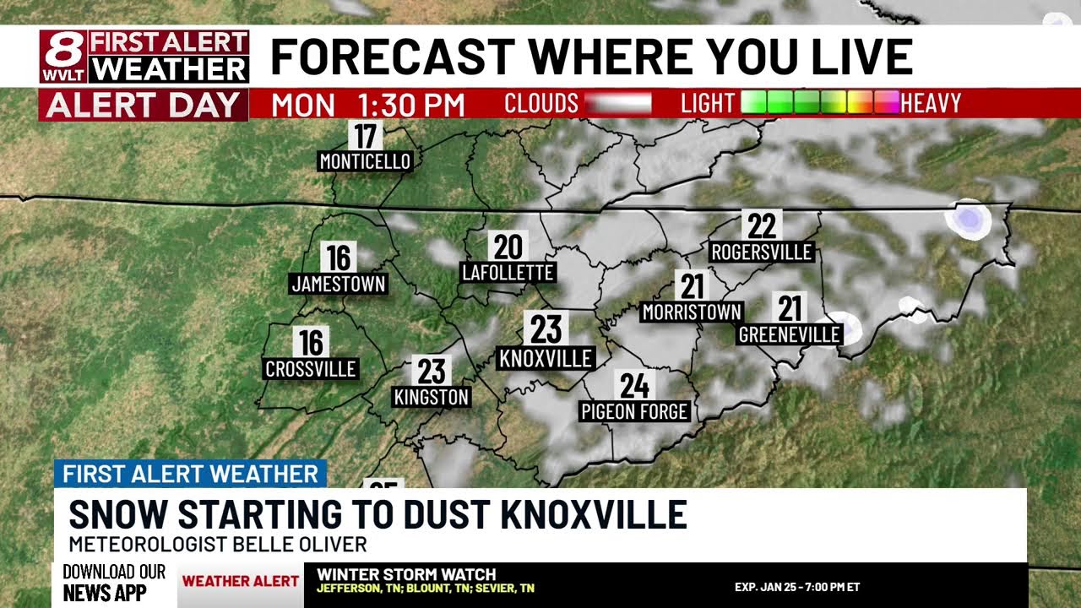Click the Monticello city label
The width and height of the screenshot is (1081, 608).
pos(365,161)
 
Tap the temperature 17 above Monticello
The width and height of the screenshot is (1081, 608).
pos(365,135)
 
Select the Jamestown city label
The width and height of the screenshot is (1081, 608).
pos(338,285)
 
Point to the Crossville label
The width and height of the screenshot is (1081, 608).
pos(311,369)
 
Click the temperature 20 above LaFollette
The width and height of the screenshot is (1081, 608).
pos(508,247)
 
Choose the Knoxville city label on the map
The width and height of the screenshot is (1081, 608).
pos(546,358)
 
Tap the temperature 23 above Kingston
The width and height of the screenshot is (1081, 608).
pos(432,371)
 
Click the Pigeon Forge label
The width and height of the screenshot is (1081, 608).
pos(635,412)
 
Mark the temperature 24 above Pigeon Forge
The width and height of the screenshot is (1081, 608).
pos(635,386)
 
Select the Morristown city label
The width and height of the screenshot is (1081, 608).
pos(692,312)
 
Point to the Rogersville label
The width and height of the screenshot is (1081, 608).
pos(761,252)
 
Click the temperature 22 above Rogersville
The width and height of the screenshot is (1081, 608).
pos(761,225)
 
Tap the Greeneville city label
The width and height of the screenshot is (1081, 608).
pos(790,334)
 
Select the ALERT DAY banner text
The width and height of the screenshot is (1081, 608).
pos(144,105)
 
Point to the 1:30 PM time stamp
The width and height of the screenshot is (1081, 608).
pos(411,105)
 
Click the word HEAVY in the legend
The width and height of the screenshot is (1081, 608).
pos(931,103)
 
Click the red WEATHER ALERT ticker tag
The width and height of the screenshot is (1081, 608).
pos(241,581)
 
